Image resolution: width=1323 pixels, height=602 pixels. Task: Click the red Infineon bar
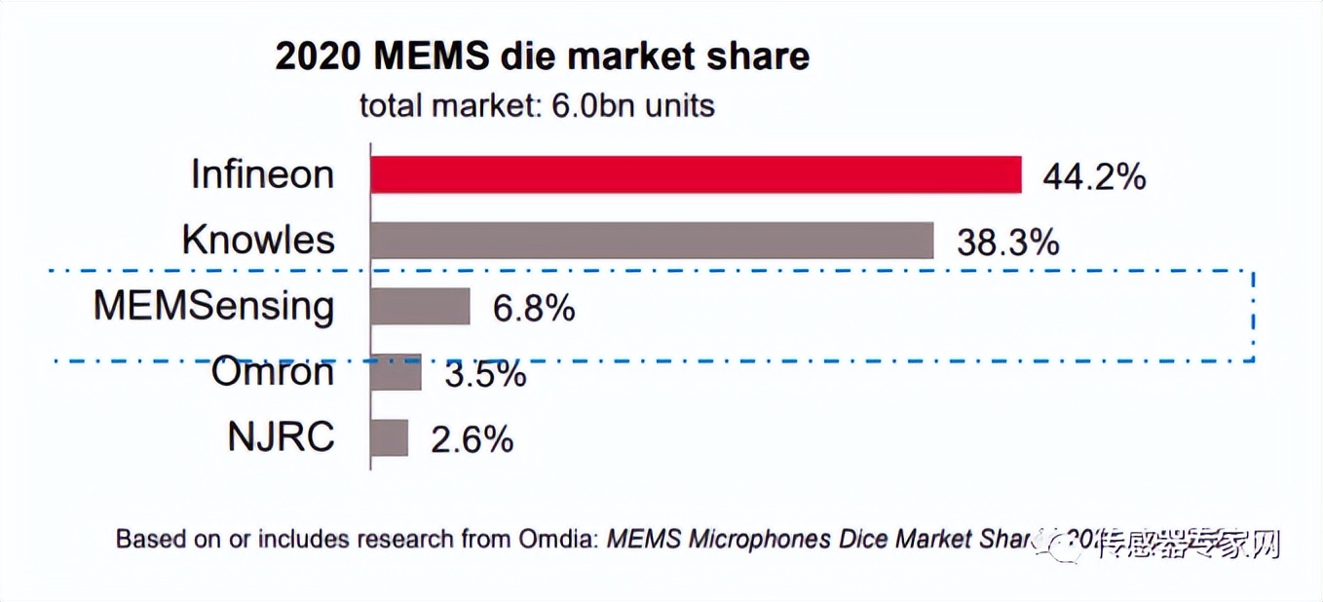pyautogui.click(x=696, y=175)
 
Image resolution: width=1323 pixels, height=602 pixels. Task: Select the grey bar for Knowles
pyautogui.click(x=652, y=241)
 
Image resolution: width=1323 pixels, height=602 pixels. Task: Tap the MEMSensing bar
pyautogui.click(x=420, y=307)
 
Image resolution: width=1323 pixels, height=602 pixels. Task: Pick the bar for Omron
pyautogui.click(x=396, y=372)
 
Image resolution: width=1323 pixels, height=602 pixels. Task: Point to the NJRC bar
pyautogui.click(x=390, y=437)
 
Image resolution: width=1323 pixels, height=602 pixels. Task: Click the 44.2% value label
pyautogui.click(x=1094, y=177)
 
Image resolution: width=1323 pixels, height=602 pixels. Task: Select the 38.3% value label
pyautogui.click(x=1007, y=243)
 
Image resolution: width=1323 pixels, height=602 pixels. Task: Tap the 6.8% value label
pyautogui.click(x=534, y=309)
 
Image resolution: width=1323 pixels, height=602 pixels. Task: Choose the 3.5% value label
pyautogui.click(x=485, y=374)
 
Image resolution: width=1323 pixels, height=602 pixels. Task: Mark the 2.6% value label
pyautogui.click(x=472, y=440)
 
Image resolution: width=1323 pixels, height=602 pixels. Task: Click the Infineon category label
pyautogui.click(x=262, y=175)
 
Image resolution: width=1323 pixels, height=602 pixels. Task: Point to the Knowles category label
pyautogui.click(x=258, y=241)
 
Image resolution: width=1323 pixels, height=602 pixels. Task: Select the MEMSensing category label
pyautogui.click(x=213, y=307)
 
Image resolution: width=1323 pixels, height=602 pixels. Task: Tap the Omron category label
pyautogui.click(x=273, y=372)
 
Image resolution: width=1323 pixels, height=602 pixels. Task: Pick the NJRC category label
pyautogui.click(x=281, y=437)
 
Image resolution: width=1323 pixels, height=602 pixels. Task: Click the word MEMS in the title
pyautogui.click(x=433, y=56)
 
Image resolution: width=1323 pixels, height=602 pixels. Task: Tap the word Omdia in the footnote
pyautogui.click(x=559, y=539)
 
